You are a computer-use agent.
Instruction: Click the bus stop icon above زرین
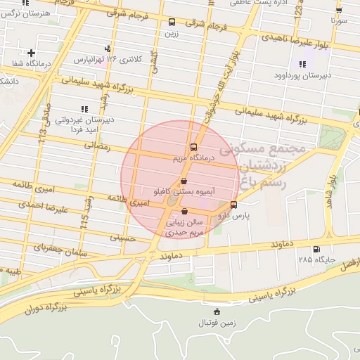point(172,22)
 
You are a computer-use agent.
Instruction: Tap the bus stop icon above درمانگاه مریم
point(193,148)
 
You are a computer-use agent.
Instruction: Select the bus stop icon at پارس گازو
point(233,205)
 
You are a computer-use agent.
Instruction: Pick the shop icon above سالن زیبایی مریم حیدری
point(184,210)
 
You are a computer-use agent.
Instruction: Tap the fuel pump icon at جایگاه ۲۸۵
point(315,249)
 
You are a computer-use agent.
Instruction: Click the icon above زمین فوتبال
point(217,312)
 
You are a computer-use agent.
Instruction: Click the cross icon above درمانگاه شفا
point(31,53)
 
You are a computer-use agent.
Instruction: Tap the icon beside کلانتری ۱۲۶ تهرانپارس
point(107,49)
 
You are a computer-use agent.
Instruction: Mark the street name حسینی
point(120,239)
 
